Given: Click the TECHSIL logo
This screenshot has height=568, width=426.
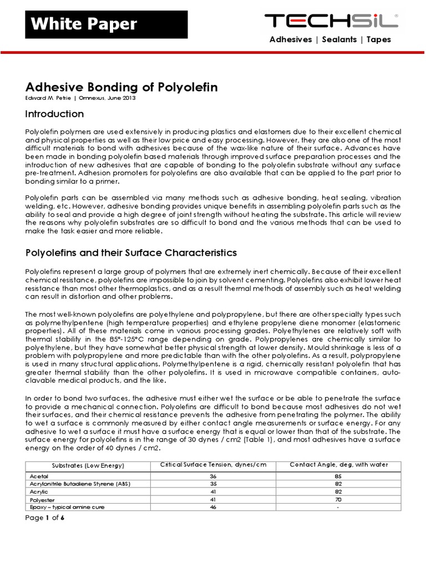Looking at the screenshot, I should point(331,21).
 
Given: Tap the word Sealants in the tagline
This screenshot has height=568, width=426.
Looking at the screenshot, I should point(335,39).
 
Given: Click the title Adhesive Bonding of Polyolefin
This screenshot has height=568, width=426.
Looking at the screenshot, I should point(121,88).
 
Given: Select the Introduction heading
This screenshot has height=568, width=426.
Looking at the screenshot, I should point(55,114).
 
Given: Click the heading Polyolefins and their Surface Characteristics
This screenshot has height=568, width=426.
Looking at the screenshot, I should point(131,253).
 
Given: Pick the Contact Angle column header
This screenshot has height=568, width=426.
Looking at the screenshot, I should point(338,464).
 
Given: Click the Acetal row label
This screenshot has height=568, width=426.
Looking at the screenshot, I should point(37,476).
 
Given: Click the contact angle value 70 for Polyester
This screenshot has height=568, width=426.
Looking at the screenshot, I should point(338,499).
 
